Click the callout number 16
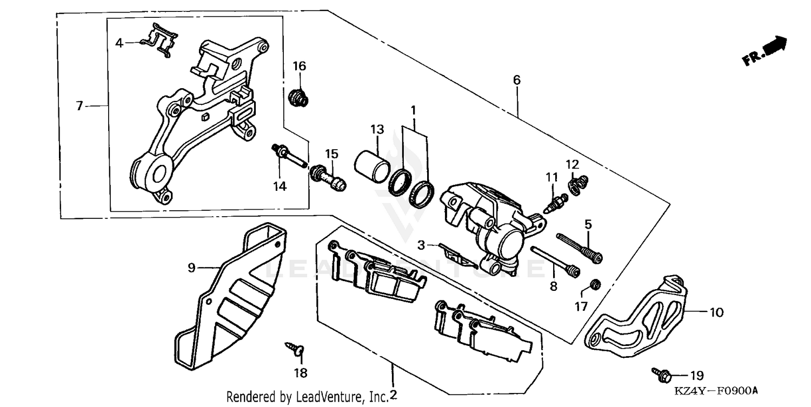pyautogui.click(x=299, y=66)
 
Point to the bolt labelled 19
pyautogui.click(x=662, y=374)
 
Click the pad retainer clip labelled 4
pyautogui.click(x=159, y=41)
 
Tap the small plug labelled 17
pyautogui.click(x=595, y=284)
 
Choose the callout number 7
pyautogui.click(x=79, y=106)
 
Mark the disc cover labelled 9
pyautogui.click(x=227, y=303)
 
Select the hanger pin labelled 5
pyautogui.click(x=579, y=248)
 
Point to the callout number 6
pyautogui.click(x=517, y=80)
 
